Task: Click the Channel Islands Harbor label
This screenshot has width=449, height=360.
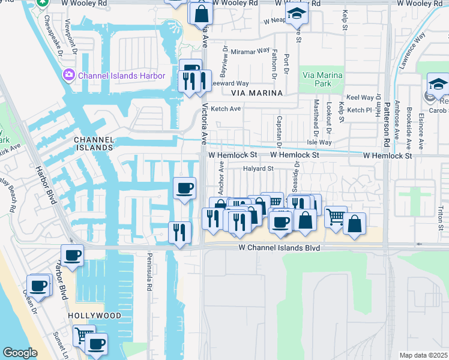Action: point(122,76)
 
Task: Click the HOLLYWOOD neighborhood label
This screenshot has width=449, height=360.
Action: point(90,315)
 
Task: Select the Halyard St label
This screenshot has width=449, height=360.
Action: point(258,169)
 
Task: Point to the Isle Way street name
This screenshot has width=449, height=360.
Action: point(319,142)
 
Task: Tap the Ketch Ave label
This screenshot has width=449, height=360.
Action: point(226,109)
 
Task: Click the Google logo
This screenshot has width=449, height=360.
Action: point(20,353)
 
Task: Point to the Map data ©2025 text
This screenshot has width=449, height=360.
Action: point(424,355)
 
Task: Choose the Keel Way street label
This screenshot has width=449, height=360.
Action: point(360,97)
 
